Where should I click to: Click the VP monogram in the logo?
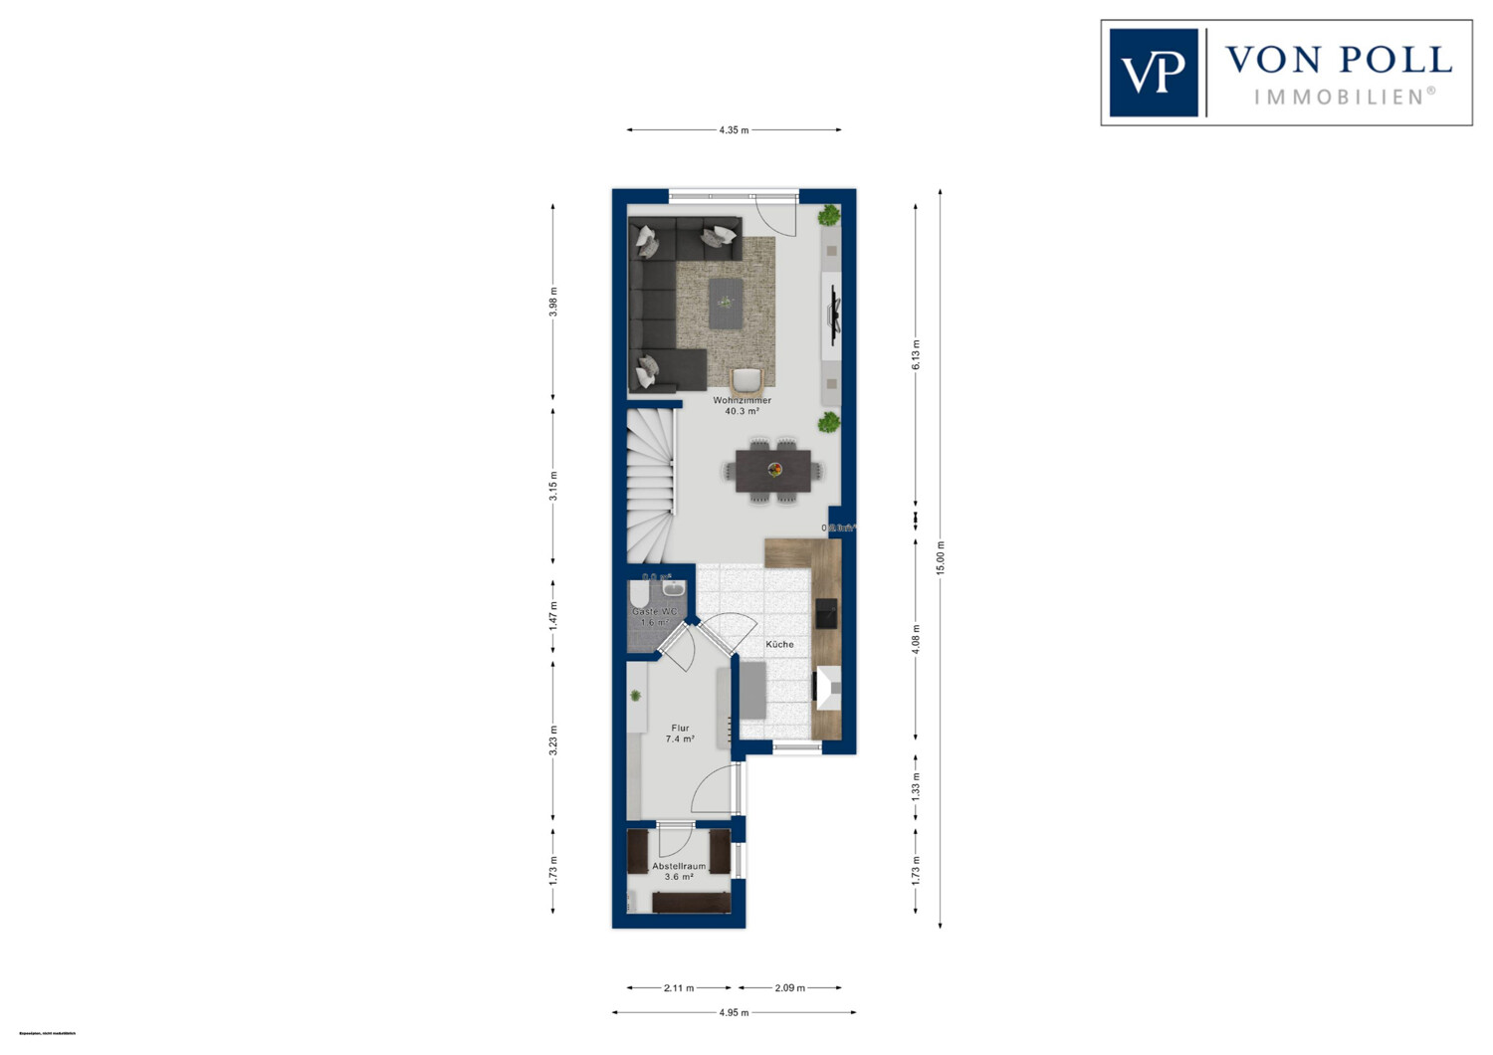click(x=1153, y=73)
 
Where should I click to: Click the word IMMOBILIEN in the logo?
click(x=1344, y=97)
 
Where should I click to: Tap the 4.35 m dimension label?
click(x=734, y=130)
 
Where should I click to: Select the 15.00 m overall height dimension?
click(x=941, y=558)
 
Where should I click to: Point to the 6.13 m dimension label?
click(x=917, y=354)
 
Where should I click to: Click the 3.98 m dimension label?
click(x=553, y=302)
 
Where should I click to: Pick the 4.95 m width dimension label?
click(x=734, y=1012)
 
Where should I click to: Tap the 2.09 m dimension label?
click(x=789, y=988)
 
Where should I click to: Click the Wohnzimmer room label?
click(x=742, y=400)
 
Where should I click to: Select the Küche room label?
click(x=779, y=644)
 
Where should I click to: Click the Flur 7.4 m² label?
click(x=680, y=734)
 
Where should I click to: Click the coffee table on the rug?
click(x=726, y=303)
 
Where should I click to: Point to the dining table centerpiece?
click(x=774, y=470)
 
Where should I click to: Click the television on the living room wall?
click(x=834, y=315)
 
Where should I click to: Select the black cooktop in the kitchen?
click(x=826, y=613)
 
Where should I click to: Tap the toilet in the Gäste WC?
click(x=639, y=595)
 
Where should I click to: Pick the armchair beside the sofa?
click(x=746, y=381)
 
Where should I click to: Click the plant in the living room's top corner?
click(x=828, y=216)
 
